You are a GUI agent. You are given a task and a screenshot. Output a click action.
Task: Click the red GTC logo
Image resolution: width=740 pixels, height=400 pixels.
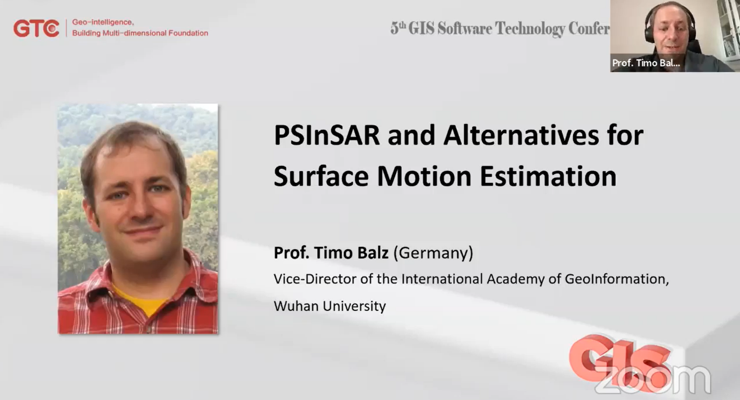[36, 28]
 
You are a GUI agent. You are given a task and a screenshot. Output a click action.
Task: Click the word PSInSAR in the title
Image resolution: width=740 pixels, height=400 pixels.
[327, 135]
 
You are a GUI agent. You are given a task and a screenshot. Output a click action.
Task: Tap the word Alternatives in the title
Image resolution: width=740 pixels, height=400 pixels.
[521, 135]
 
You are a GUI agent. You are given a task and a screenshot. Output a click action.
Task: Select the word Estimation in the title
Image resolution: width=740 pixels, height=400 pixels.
[548, 176]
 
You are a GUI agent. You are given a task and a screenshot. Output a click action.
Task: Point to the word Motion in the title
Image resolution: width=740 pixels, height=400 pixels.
[424, 176]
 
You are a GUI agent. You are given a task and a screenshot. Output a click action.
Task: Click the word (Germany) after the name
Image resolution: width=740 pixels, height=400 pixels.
[433, 253]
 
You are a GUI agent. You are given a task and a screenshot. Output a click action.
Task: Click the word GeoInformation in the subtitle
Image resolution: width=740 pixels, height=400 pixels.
[616, 279]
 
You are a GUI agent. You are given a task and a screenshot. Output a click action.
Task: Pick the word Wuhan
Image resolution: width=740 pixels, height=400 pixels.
[296, 306]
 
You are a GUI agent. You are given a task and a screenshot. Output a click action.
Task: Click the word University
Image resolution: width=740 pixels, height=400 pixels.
[355, 306]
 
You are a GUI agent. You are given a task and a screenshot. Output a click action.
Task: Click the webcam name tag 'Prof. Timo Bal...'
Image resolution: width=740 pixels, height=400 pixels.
[646, 63]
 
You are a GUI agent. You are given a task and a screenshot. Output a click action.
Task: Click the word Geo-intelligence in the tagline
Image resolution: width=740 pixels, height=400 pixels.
[103, 23]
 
